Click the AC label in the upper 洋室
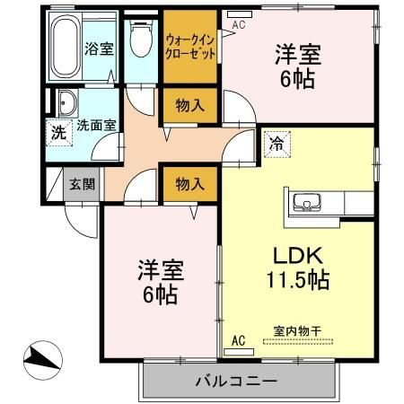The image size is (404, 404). point(238,25)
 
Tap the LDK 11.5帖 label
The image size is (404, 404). point(296,265)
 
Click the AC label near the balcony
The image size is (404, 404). point(238,340)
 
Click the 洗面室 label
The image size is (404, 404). point(96,125)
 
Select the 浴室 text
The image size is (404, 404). point(99,48)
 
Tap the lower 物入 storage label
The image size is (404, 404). point(189,184)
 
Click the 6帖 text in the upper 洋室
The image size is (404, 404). point(296,78)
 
